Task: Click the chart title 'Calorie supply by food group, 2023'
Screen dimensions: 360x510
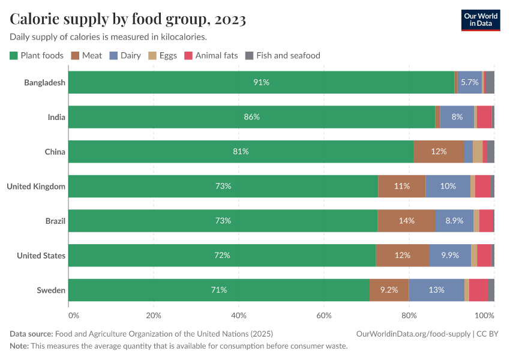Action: pos(128,19)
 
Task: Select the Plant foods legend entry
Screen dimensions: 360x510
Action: pos(37,55)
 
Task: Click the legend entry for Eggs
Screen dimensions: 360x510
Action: pos(162,55)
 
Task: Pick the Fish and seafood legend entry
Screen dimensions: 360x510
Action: pos(283,55)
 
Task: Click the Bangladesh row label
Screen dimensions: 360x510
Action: pos(44,82)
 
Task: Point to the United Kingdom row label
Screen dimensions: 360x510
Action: pos(36,187)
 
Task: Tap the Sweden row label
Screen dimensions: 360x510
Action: pos(51,290)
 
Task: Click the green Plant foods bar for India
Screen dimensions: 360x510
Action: pos(251,117)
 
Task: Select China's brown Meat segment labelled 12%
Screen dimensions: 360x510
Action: pos(439,152)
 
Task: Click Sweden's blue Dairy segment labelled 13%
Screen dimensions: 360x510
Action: pos(436,290)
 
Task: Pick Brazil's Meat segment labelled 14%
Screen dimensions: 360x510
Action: pos(406,221)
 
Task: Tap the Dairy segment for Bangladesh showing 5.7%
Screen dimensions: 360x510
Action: pos(469,82)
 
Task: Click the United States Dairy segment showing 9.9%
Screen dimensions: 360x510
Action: pos(450,256)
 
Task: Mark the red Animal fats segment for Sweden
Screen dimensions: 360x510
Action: pos(478,290)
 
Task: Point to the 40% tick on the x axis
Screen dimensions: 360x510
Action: pos(239,316)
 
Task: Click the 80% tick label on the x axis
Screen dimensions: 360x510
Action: pos(409,316)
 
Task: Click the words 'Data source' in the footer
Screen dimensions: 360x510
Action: pos(31,334)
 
